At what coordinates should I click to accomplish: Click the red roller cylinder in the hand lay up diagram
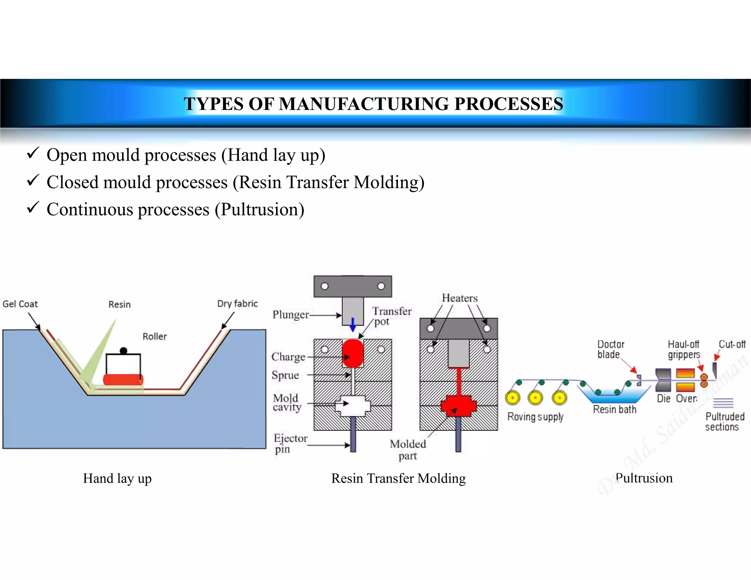[x=123, y=379]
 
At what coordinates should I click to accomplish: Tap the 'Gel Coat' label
[x=20, y=304]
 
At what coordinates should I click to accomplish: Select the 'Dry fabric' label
[x=237, y=304]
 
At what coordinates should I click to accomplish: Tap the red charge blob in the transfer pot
[x=353, y=353]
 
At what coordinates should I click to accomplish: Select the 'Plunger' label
[x=291, y=315]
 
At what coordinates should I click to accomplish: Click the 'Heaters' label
[x=459, y=298]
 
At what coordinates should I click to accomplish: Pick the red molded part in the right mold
[x=458, y=405]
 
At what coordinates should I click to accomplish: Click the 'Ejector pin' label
[x=290, y=444]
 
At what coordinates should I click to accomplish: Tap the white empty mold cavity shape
[x=353, y=405]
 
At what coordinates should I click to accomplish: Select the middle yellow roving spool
[x=535, y=398]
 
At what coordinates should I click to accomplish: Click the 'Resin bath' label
[x=615, y=410]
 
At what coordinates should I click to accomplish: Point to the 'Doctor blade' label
[x=611, y=349]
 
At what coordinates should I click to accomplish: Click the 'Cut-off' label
[x=732, y=344]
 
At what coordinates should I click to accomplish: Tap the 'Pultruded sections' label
[x=725, y=422]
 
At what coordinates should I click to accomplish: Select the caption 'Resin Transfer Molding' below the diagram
[x=398, y=478]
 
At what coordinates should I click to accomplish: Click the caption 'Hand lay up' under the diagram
[x=117, y=478]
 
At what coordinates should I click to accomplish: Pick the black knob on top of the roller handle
[x=124, y=351]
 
